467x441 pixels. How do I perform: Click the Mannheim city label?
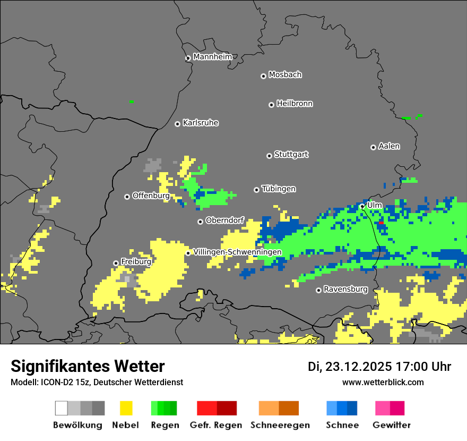coord(212,57)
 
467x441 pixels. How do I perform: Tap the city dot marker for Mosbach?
coord(263,76)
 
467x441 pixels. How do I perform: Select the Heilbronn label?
coord(295,104)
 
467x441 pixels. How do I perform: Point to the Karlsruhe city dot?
coord(177,124)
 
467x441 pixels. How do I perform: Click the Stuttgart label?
coord(291,155)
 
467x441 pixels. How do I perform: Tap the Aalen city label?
coord(389,146)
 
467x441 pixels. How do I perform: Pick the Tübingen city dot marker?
coord(256,190)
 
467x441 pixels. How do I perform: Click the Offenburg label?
coord(151,196)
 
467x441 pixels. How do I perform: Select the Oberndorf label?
coord(224,220)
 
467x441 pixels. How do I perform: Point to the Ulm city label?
coord(375,205)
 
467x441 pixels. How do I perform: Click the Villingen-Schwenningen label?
coord(237,252)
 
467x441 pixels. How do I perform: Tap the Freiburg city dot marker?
coord(116,263)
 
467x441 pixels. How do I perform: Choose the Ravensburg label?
coord(345,290)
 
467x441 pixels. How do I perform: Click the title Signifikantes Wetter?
coord(88,366)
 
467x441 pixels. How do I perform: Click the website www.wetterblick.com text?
coord(383,382)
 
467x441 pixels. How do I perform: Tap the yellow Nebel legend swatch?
coord(126,408)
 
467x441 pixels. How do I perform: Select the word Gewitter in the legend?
coord(391,425)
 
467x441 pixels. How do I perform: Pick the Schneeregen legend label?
coord(280,425)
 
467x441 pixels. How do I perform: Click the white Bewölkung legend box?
coord(61,408)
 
